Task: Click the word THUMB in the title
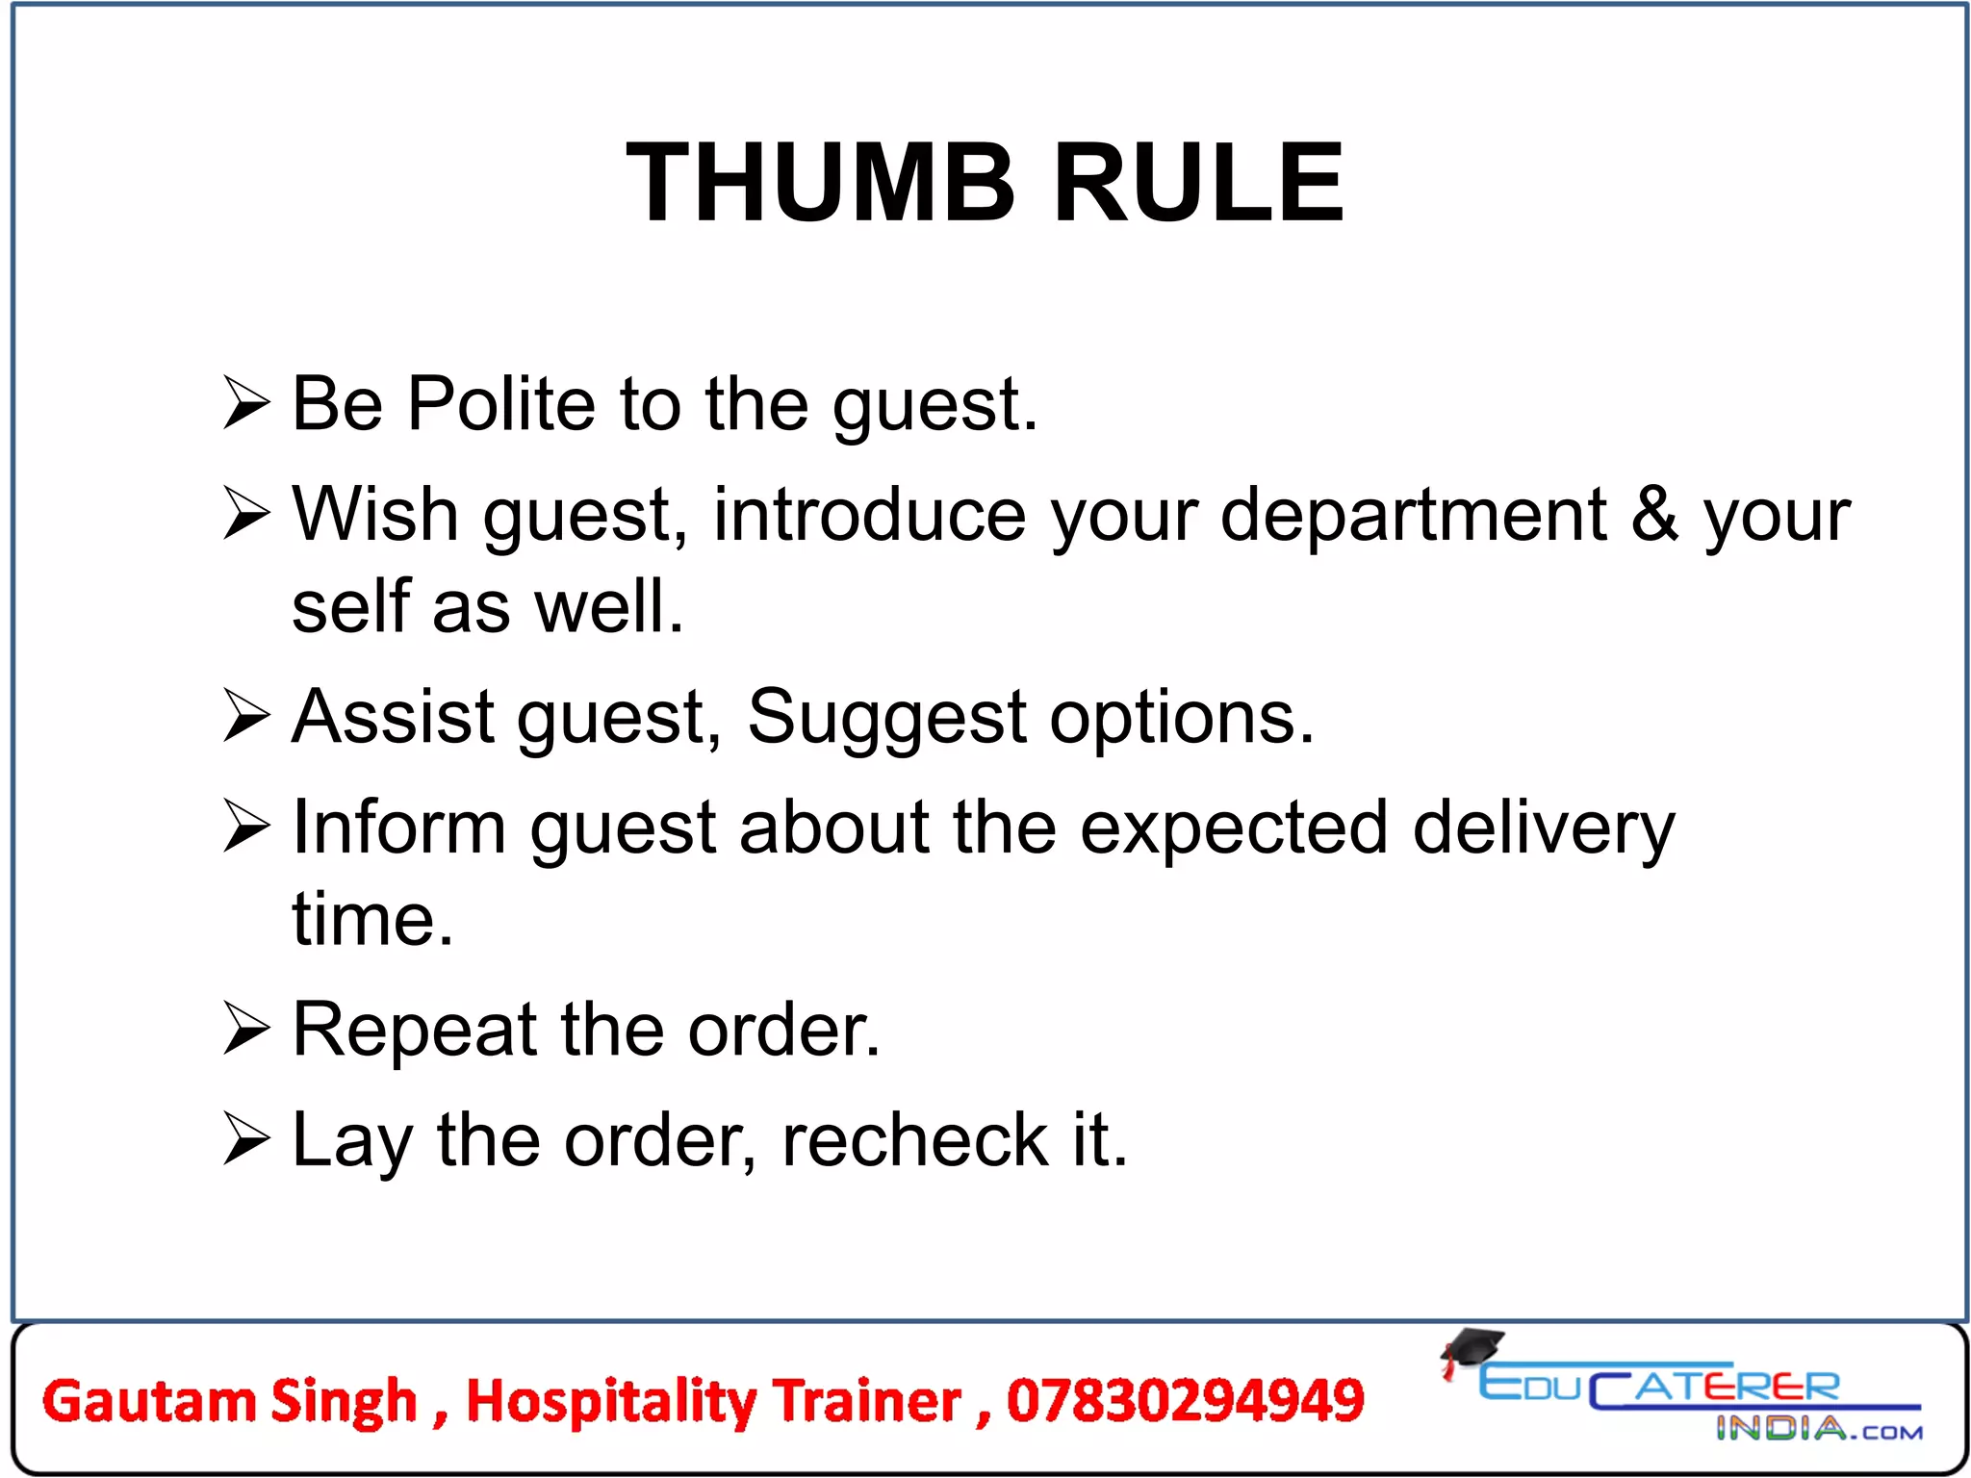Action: pos(820,183)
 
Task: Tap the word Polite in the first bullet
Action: pos(500,404)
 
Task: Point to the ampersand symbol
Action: pos(1654,514)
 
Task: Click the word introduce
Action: pos(869,515)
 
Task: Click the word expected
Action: pos(1233,828)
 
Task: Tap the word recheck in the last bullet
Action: pos(913,1140)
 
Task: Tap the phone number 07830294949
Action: pos(1185,1401)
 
